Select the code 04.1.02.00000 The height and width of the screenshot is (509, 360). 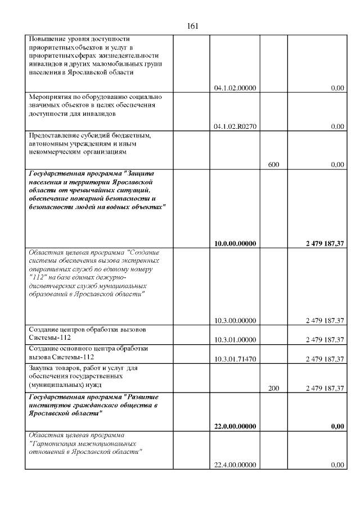[235, 88]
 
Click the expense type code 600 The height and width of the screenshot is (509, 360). [274, 165]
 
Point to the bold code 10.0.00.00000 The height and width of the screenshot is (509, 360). [235, 244]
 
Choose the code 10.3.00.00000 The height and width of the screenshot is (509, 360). [235, 321]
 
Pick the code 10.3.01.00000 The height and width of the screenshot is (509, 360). [235, 340]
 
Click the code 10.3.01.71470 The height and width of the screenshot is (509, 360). [235, 359]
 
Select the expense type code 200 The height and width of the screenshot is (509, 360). [274, 388]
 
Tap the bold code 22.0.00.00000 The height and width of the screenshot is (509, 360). [235, 426]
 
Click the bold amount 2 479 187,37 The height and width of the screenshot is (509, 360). [324, 244]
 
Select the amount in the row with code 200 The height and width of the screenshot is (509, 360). [324, 388]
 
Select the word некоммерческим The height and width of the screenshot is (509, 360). [55, 152]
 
